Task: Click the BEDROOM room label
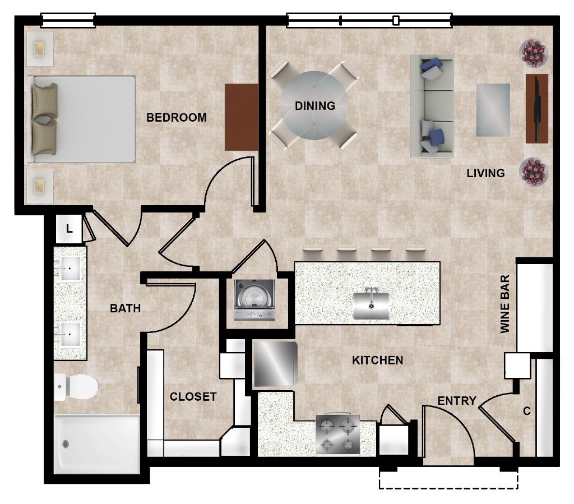point(177,118)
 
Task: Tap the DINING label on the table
point(315,106)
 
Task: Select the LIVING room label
point(486,173)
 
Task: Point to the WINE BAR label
point(505,304)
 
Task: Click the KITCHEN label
point(378,360)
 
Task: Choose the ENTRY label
point(457,401)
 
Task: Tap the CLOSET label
point(193,397)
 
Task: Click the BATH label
point(125,308)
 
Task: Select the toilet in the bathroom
point(76,386)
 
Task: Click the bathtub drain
point(66,445)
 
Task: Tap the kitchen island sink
point(371,305)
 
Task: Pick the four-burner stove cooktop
point(338,435)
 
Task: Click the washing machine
point(254,300)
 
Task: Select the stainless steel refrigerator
point(275,363)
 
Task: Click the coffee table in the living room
point(493,110)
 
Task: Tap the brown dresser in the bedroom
point(241,117)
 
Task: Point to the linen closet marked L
point(69,229)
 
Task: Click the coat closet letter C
point(527,411)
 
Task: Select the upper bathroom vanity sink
point(70,269)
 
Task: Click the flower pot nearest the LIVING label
point(534,172)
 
